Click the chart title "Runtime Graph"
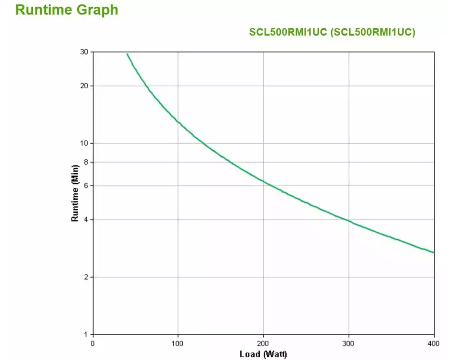(67, 10)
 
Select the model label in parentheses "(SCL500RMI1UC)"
(373, 32)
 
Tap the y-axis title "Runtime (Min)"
(75, 193)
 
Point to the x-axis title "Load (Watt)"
(263, 354)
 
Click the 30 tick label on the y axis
(84, 52)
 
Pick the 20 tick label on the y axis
(84, 86)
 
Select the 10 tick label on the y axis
(84, 143)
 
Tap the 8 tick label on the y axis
(86, 162)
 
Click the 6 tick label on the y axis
(86, 185)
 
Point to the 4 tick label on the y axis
(86, 220)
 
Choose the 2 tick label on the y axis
(86, 277)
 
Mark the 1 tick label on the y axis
(86, 335)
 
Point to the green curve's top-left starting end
(127, 54)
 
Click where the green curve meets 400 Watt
(434, 252)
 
